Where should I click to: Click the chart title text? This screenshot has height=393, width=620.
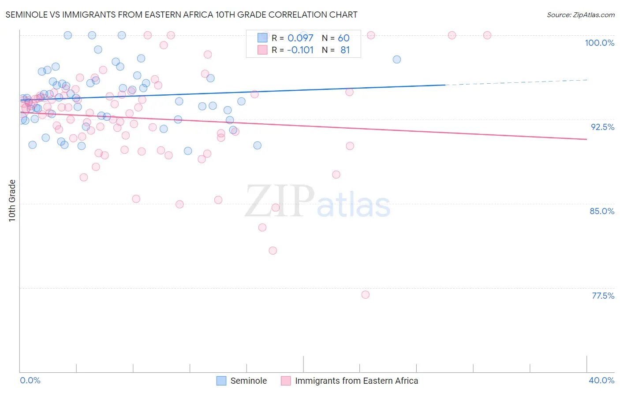(x=181, y=15)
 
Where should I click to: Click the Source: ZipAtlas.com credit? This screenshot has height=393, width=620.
(x=580, y=15)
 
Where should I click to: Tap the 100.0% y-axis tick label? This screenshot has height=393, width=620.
(x=599, y=43)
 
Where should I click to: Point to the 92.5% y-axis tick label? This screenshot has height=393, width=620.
(x=602, y=127)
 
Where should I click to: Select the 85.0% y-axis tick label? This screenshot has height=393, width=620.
(x=602, y=211)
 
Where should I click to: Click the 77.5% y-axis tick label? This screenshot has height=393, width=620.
(x=603, y=296)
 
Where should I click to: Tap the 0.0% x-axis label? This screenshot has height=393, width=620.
(x=30, y=380)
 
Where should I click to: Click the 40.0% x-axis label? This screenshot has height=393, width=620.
(x=601, y=380)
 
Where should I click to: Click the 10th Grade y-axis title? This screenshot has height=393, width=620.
(x=12, y=200)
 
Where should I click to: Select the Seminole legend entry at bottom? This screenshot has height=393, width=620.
(x=248, y=381)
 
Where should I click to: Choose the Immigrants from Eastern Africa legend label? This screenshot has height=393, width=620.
(x=356, y=381)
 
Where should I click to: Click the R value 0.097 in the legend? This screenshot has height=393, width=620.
(x=300, y=38)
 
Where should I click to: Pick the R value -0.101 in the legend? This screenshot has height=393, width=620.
(x=300, y=50)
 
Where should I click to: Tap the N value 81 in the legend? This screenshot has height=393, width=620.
(x=345, y=50)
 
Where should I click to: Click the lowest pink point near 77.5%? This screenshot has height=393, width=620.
(x=365, y=295)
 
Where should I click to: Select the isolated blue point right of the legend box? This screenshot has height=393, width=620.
(x=397, y=59)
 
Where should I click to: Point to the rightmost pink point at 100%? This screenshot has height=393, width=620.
(x=487, y=35)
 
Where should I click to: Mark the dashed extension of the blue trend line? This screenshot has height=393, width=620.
(x=516, y=82)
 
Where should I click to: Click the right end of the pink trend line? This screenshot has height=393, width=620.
(x=586, y=139)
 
